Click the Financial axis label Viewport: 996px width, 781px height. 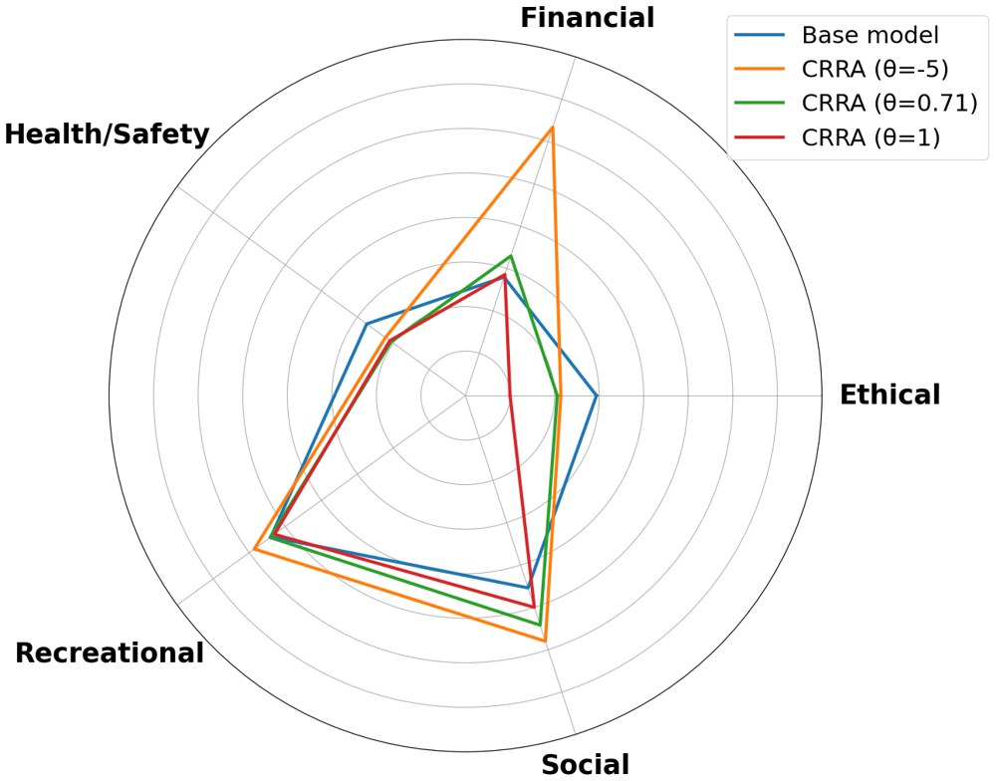click(x=588, y=18)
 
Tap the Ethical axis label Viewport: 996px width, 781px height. click(x=889, y=394)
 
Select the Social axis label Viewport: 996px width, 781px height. click(x=586, y=764)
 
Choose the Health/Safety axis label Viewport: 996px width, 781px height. click(x=108, y=133)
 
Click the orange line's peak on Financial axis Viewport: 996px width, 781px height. click(x=552, y=129)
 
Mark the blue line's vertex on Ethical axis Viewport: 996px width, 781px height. click(x=596, y=395)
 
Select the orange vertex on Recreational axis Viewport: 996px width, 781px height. click(x=255, y=549)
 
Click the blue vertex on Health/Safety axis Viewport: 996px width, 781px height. click(x=367, y=324)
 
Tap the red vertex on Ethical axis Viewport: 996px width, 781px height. click(x=510, y=395)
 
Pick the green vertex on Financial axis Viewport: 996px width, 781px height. click(x=511, y=256)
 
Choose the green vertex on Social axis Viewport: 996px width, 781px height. click(x=540, y=625)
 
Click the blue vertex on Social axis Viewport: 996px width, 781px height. click(x=528, y=587)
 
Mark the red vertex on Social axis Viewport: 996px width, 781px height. click(x=534, y=606)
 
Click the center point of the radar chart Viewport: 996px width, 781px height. click(x=466, y=395)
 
